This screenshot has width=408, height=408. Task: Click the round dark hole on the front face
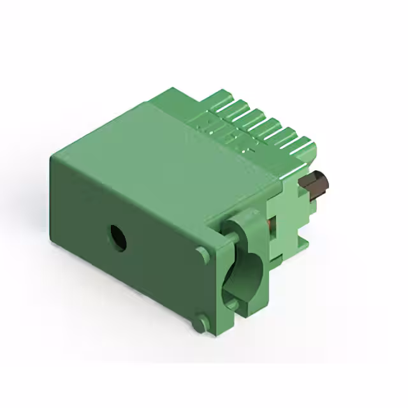[x=117, y=238]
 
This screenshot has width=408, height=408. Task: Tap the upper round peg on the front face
[x=203, y=254]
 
